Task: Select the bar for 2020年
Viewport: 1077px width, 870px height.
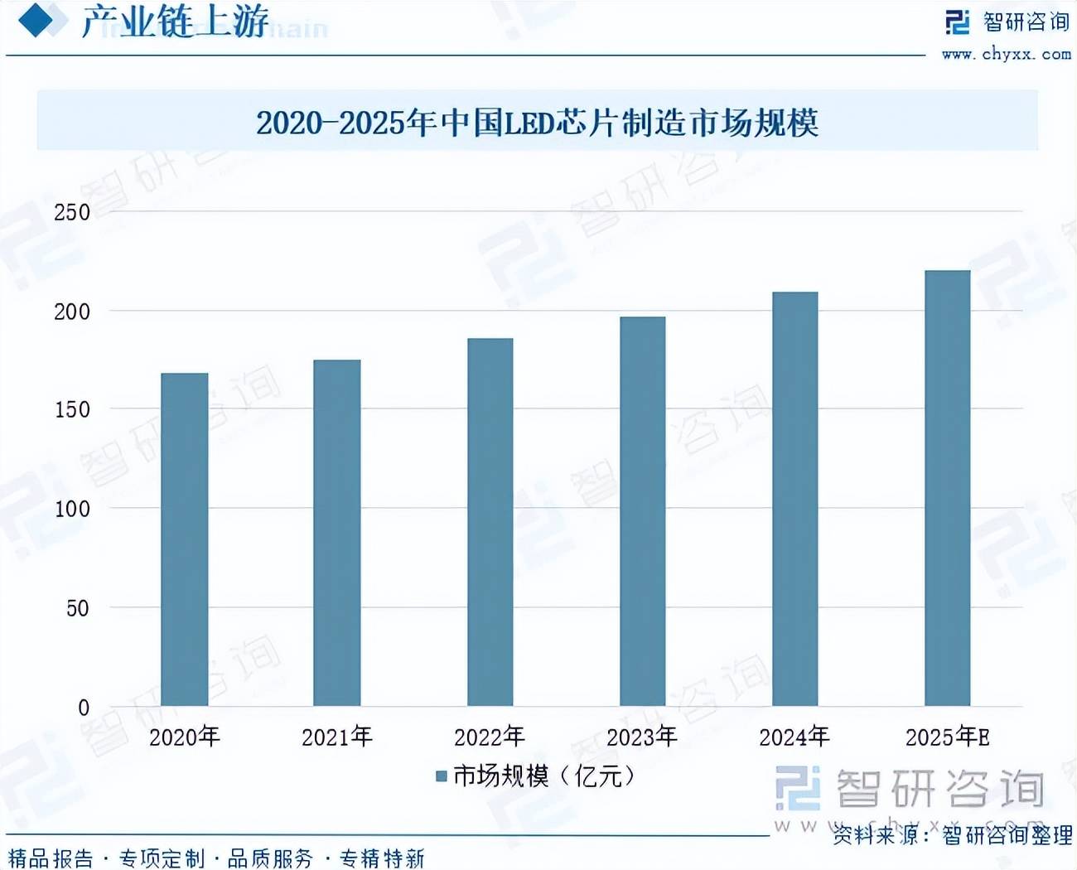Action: coord(184,539)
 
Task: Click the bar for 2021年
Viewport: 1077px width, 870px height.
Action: coord(336,532)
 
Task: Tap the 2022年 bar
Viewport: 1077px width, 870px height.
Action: coord(490,522)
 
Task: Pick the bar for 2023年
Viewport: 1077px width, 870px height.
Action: coord(642,510)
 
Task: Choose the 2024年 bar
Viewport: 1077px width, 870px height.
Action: coord(794,498)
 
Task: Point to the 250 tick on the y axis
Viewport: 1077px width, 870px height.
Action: coord(72,212)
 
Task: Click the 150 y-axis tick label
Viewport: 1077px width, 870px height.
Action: coord(72,409)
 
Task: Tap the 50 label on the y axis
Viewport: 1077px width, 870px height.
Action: coord(77,608)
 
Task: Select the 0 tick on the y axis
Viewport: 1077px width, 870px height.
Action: coord(83,708)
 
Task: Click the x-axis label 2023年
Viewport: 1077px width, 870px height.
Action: coord(642,737)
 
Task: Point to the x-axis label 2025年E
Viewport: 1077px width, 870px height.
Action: coord(947,737)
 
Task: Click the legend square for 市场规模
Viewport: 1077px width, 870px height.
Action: coord(442,776)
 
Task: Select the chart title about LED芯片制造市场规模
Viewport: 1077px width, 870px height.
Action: coord(537,123)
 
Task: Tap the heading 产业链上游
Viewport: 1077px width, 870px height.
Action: coord(175,22)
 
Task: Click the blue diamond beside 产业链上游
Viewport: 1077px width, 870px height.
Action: coord(36,20)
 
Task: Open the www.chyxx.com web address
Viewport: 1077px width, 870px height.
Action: coord(1006,55)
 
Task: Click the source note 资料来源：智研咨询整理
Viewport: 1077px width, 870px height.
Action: coord(953,835)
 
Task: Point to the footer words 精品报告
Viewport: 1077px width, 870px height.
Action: coord(51,858)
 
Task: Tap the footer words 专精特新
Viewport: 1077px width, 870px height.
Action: coord(382,858)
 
